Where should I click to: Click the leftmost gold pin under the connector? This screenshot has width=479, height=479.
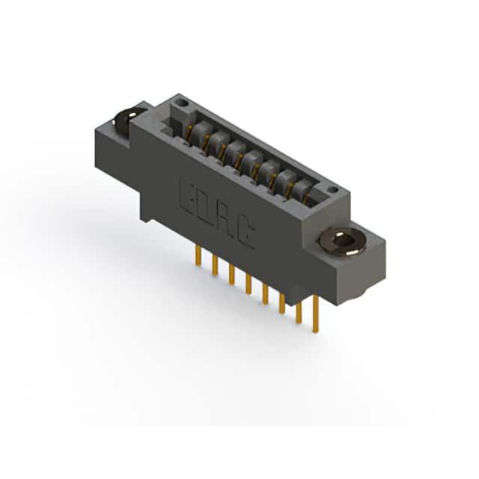199,256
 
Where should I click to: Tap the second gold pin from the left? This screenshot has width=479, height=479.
216,266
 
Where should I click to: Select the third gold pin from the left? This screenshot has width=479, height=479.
232,275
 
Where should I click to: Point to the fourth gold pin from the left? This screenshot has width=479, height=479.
248,284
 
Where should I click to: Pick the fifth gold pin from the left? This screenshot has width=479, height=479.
265,294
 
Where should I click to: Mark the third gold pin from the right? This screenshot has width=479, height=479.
282,303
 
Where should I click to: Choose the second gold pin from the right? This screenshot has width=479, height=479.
299,312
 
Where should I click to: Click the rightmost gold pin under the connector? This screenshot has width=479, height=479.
315,314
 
